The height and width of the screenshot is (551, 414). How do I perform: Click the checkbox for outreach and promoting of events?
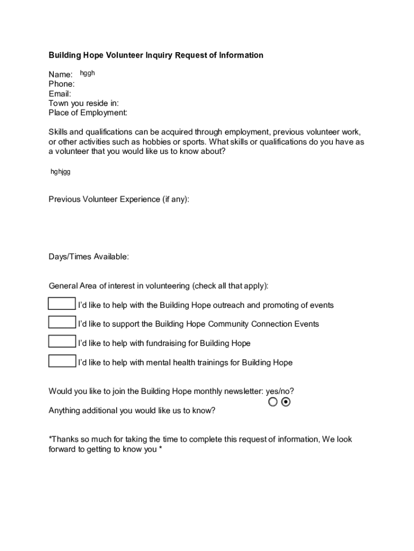62,304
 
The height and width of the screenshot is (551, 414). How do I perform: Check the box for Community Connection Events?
62,323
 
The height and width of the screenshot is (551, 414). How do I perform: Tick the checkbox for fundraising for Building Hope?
62,342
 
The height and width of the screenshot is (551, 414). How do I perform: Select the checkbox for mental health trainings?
62,361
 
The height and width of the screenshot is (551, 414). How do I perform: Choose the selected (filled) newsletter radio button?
285,402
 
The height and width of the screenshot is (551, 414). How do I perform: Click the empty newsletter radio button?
273,402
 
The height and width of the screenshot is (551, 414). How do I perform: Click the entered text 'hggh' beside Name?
87,73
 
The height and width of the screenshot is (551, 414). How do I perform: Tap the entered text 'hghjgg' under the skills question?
60,172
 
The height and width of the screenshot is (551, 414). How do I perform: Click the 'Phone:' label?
62,84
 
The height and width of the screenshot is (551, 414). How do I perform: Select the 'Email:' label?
60,94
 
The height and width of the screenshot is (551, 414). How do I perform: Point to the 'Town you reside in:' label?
84,103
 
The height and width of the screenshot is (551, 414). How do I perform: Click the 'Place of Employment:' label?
88,113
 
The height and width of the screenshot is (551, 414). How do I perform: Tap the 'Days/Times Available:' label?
89,257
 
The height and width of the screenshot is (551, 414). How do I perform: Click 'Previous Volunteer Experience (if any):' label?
119,200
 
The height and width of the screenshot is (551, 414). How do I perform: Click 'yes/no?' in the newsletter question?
280,391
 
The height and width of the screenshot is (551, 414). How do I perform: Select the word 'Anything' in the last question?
64,411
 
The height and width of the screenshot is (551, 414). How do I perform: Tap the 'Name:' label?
61,74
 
